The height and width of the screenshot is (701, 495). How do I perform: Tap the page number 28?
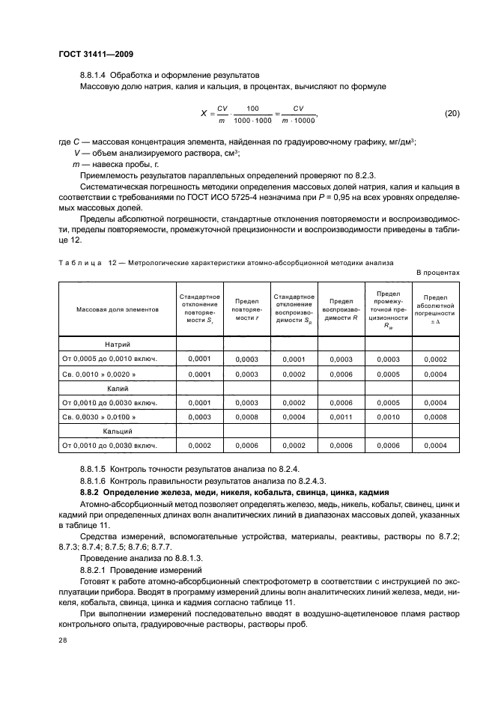(x=62, y=640)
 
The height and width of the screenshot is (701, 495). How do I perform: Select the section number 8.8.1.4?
(x=95, y=76)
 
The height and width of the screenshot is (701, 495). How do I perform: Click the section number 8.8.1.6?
(x=95, y=480)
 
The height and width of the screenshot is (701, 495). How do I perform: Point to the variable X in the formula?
(x=203, y=114)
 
